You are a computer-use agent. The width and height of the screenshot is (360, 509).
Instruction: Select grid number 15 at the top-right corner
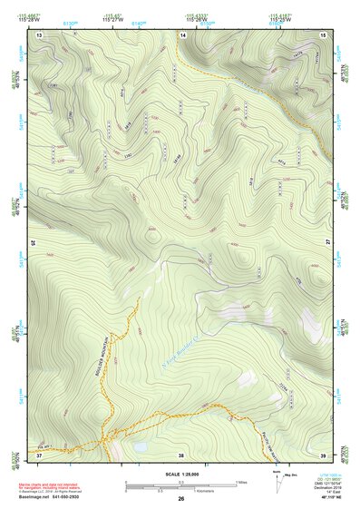pyautogui.click(x=324, y=34)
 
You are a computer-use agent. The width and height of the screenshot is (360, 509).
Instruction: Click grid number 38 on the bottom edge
pyautogui.click(x=181, y=454)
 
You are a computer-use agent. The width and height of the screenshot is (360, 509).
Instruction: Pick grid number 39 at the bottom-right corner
pyautogui.click(x=324, y=454)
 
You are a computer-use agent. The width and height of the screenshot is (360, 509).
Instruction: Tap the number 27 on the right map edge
pyautogui.click(x=328, y=243)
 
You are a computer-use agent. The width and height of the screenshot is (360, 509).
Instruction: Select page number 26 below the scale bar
pyautogui.click(x=181, y=499)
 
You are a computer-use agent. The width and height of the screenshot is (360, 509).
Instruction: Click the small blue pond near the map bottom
pyautogui.click(x=141, y=448)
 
